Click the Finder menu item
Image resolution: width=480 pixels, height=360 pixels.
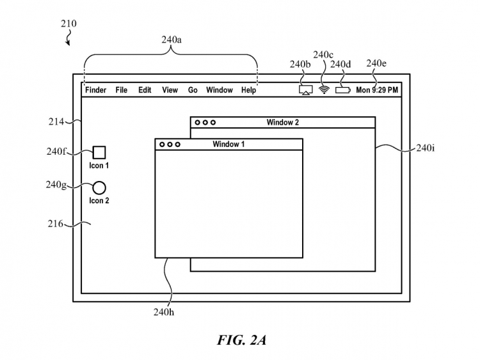(x=95, y=90)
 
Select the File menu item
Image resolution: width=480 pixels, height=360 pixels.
(x=122, y=90)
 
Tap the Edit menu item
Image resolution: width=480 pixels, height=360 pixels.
(x=145, y=90)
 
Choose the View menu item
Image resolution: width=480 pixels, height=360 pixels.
(x=170, y=90)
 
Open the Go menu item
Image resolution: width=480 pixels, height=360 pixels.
(x=193, y=90)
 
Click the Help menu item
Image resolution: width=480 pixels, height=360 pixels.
(x=248, y=90)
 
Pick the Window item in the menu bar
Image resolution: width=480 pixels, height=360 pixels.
(x=220, y=90)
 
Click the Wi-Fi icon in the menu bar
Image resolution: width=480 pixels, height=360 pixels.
(x=324, y=90)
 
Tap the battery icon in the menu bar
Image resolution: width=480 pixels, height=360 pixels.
(x=343, y=90)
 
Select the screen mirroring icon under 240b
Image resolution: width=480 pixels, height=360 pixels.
(x=305, y=90)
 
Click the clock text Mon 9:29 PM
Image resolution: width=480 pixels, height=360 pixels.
(x=377, y=90)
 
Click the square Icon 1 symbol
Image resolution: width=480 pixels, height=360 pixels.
(x=99, y=152)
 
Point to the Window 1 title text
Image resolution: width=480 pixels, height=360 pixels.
(x=228, y=145)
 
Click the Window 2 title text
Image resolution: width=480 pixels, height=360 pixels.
(x=282, y=122)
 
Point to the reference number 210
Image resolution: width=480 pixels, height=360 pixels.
(x=68, y=24)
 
